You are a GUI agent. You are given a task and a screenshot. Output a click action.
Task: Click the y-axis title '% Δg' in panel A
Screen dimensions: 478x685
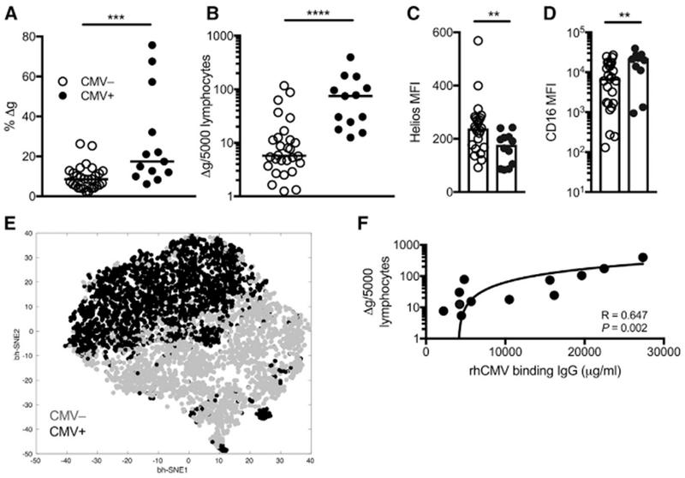[x=12, y=116]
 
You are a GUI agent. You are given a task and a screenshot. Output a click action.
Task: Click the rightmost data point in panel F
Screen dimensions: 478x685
[x=643, y=258]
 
